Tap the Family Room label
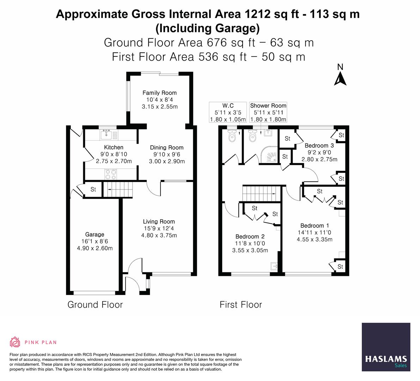159,93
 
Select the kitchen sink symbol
106,134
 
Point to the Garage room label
95,235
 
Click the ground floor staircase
118,190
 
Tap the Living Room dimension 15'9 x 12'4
159,229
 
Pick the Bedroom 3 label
319,145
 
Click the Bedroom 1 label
315,226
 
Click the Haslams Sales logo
386,347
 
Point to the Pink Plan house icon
15,342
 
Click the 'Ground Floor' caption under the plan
95,305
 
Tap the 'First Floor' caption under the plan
241,305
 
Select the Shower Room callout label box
268,112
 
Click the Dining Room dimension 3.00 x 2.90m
167,161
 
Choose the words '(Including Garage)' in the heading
208,28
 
